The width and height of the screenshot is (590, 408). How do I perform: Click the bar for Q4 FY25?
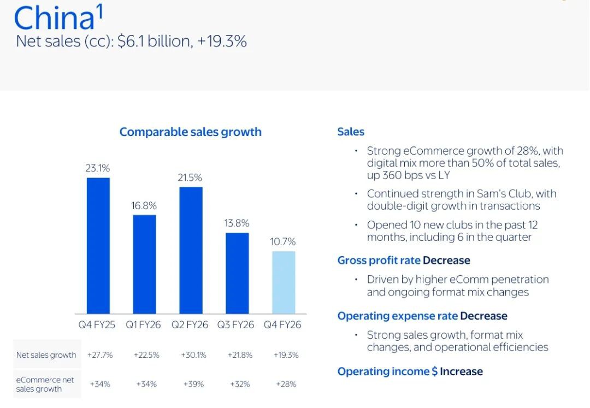click(x=98, y=245)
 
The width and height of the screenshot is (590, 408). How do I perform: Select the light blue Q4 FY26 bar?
click(x=283, y=282)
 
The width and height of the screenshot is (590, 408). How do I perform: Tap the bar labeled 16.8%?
click(x=144, y=264)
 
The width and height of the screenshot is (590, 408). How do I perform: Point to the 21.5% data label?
click(x=190, y=178)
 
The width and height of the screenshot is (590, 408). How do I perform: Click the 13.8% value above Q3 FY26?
click(x=237, y=223)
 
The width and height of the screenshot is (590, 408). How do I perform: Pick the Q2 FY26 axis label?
click(x=190, y=324)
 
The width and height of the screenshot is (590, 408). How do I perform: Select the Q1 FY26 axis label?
click(x=144, y=324)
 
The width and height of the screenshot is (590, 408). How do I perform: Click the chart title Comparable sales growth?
click(x=190, y=132)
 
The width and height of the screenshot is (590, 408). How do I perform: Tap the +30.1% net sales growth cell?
click(x=193, y=355)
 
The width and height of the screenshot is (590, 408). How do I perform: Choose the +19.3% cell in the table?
click(x=286, y=355)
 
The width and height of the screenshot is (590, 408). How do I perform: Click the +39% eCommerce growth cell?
click(x=193, y=384)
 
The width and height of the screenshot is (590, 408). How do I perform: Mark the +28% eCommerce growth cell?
click(x=286, y=384)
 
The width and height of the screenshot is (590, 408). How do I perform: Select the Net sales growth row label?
click(x=46, y=355)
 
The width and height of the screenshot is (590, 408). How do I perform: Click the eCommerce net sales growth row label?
click(x=46, y=384)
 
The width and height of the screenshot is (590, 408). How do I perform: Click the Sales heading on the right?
click(x=351, y=132)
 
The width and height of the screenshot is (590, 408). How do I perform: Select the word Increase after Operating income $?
click(x=461, y=371)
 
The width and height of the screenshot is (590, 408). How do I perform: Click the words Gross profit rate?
click(x=379, y=261)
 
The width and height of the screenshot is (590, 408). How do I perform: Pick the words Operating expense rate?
click(x=397, y=316)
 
